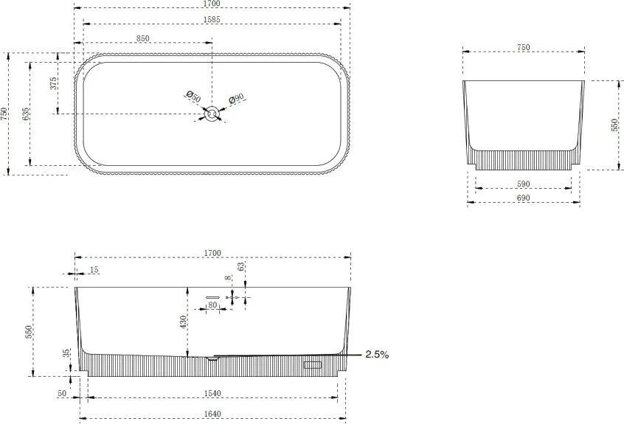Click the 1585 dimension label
point(211,19)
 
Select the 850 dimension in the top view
point(142,38)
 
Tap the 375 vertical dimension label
point(54,83)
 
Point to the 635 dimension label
point(26,114)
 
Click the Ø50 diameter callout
point(194,97)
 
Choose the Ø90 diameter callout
point(236,99)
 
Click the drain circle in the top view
point(212,114)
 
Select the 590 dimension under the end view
point(523,184)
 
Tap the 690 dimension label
point(523,198)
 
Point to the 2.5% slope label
point(377,355)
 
